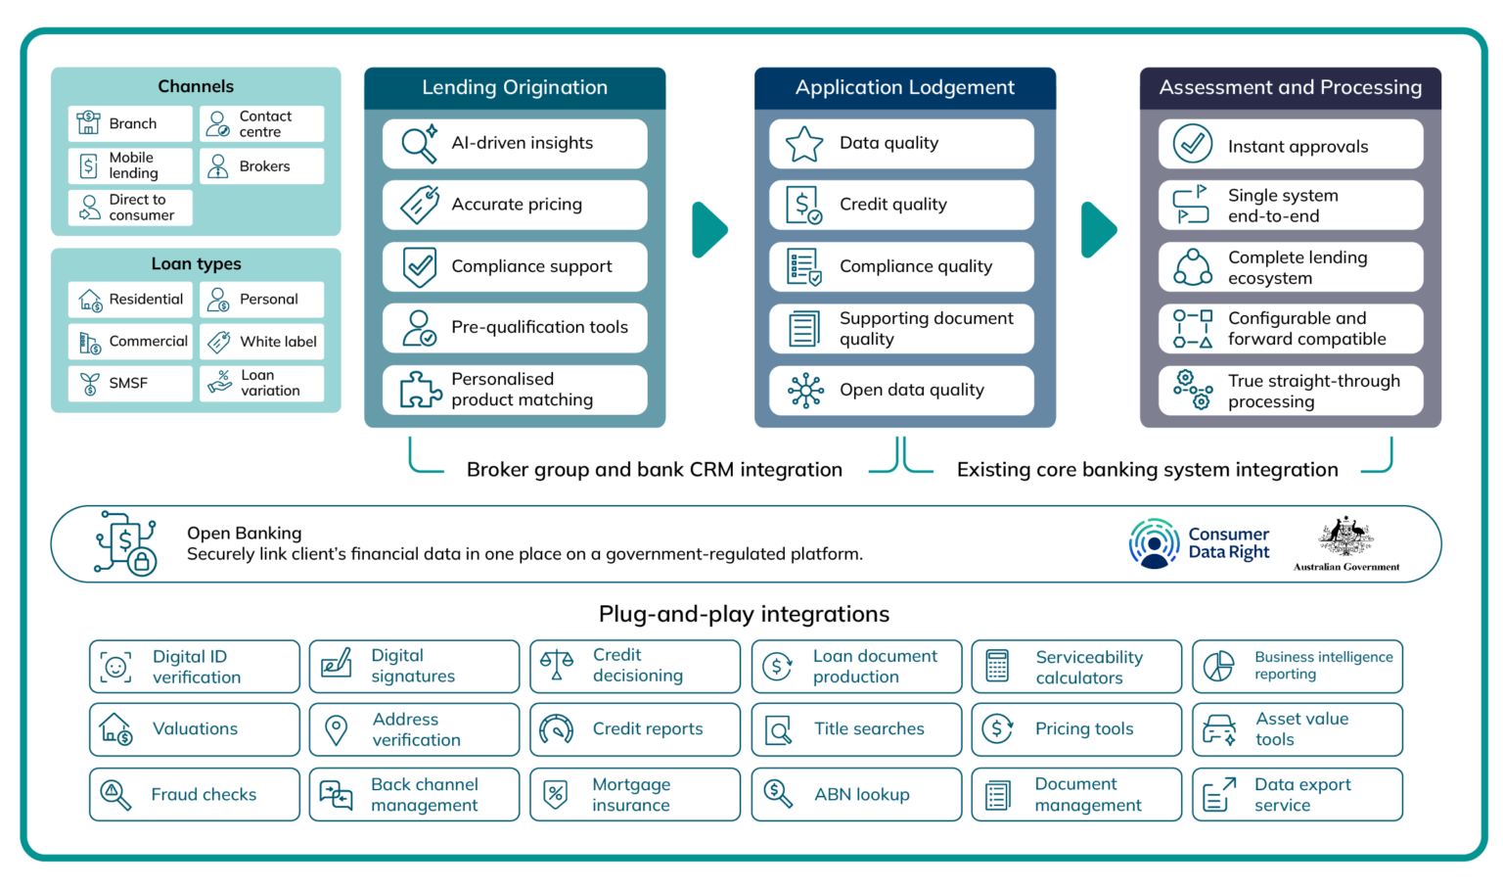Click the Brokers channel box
[262, 166]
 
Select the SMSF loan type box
[130, 383]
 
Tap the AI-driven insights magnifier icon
[419, 144]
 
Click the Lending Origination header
[515, 87]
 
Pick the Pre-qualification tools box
[515, 328]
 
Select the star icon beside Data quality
[804, 144]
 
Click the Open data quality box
[901, 390]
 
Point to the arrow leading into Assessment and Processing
[1099, 230]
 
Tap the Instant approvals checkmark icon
[1192, 144]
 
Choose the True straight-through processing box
[1291, 391]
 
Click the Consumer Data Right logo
[1200, 543]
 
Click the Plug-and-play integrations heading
[744, 614]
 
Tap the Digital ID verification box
[194, 667]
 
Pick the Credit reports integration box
[635, 729]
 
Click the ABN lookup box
[856, 794]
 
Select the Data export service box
[1297, 794]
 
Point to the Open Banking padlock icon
[142, 562]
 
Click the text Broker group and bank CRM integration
[654, 470]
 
